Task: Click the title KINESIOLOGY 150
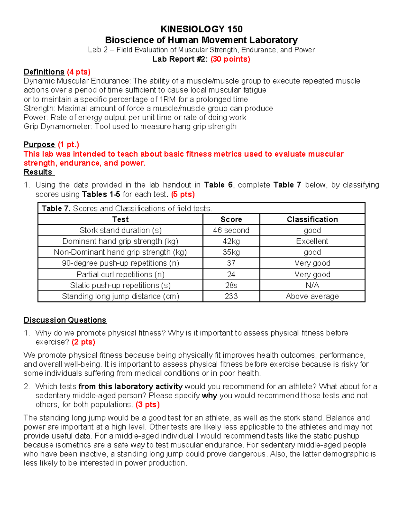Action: pyautogui.click(x=201, y=29)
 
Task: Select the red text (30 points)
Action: pyautogui.click(x=230, y=59)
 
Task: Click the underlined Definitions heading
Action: pyautogui.click(x=44, y=72)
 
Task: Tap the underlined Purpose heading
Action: pyautogui.click(x=39, y=145)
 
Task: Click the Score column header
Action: pyautogui.click(x=231, y=219)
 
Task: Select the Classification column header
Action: pyautogui.click(x=312, y=219)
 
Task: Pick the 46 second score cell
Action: pyautogui.click(x=231, y=230)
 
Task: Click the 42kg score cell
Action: pyautogui.click(x=231, y=241)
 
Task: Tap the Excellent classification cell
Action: pyautogui.click(x=312, y=241)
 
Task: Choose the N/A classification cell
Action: pyautogui.click(x=312, y=285)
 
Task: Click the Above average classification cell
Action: pyautogui.click(x=312, y=296)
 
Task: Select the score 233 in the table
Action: pyautogui.click(x=231, y=296)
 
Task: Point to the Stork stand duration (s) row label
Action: pyautogui.click(x=120, y=230)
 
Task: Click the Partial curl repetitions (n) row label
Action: pyautogui.click(x=120, y=274)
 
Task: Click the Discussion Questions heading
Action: pyautogui.click(x=65, y=320)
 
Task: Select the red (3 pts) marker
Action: pyautogui.click(x=147, y=405)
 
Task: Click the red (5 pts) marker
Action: pyautogui.click(x=183, y=194)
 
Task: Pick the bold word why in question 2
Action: pyautogui.click(x=210, y=396)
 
